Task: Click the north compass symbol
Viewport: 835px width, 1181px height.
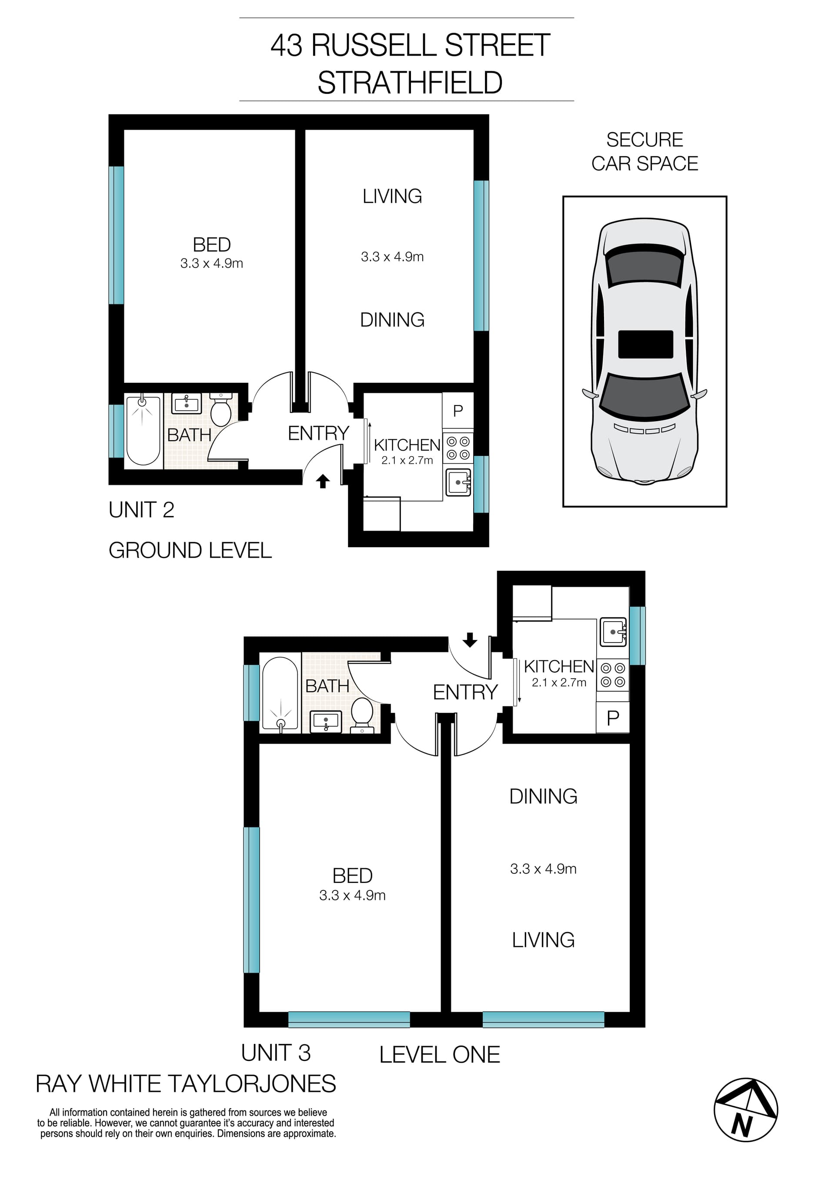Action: (x=745, y=1110)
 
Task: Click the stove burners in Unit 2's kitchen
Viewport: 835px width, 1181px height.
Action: (x=458, y=448)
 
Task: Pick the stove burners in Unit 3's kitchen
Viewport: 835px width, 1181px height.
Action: (x=613, y=675)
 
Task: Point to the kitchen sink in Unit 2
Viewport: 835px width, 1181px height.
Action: (x=458, y=482)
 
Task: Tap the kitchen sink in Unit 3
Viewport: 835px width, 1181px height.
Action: (x=613, y=632)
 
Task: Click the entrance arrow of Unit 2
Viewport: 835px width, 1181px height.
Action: (x=322, y=481)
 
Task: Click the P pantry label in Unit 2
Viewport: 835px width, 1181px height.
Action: (x=458, y=411)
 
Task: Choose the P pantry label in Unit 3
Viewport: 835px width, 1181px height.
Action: (x=613, y=718)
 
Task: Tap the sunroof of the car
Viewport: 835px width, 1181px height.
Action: (x=645, y=344)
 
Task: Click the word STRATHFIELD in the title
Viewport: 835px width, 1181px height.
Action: (x=410, y=83)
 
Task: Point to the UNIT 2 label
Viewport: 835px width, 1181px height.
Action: (x=141, y=510)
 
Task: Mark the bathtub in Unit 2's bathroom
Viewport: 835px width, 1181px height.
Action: (x=143, y=431)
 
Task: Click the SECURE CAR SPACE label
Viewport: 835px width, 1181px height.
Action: (x=645, y=151)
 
